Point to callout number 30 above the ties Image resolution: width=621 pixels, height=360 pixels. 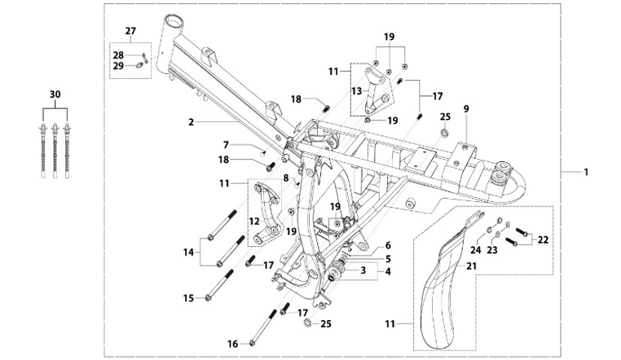tap(55, 94)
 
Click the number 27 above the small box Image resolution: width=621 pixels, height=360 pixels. tap(130, 31)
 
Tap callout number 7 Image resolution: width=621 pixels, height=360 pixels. tap(227, 145)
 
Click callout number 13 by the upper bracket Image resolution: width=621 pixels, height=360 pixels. tap(355, 90)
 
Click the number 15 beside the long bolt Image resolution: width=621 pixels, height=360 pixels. tap(188, 298)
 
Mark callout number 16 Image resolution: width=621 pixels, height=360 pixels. tap(231, 344)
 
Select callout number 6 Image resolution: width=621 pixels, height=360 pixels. tap(388, 244)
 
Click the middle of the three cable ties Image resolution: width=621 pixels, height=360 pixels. tap(55, 147)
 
